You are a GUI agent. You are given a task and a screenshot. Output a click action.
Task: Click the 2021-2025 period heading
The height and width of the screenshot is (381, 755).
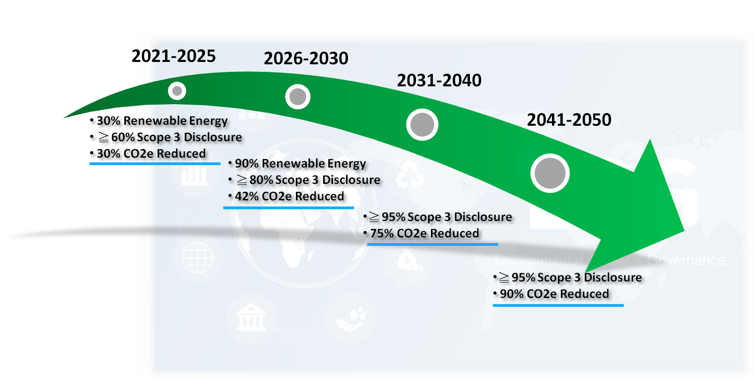(x=174, y=56)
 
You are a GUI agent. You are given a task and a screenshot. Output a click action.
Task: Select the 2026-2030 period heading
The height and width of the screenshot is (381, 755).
(x=306, y=59)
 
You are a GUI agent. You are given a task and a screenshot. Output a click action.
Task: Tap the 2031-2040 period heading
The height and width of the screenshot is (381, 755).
(x=439, y=81)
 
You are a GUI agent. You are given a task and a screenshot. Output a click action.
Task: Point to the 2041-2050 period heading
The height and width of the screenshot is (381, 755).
(x=569, y=120)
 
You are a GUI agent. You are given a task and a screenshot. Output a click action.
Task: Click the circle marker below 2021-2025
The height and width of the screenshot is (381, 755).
(x=177, y=91)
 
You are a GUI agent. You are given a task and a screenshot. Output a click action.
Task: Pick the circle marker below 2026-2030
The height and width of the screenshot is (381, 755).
(x=298, y=97)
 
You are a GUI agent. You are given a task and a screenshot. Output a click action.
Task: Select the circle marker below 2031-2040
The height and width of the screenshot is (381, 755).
(x=422, y=125)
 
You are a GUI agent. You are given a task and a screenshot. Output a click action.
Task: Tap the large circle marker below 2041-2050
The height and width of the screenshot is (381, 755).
(x=550, y=173)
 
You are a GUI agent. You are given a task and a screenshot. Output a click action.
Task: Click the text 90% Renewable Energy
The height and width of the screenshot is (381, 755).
(x=300, y=163)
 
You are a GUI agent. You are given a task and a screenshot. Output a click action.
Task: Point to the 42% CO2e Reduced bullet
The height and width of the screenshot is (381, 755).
(x=289, y=196)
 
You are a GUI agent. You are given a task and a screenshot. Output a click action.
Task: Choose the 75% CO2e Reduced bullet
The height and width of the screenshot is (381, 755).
(x=424, y=233)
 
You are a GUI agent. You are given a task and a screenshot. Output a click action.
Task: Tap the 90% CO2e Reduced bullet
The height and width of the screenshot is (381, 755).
(x=554, y=294)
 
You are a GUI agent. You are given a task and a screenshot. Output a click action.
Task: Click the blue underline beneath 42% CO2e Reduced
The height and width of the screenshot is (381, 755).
(x=288, y=207)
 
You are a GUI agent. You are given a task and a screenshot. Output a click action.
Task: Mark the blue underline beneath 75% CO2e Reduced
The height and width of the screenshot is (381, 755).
(x=432, y=244)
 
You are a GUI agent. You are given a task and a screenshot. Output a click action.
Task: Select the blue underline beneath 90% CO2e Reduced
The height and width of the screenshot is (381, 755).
(x=558, y=305)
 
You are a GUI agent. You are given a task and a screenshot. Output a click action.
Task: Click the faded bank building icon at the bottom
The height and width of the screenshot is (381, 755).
(x=251, y=317)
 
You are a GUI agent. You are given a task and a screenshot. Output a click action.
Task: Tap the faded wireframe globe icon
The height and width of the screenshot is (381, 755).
(x=197, y=258)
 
